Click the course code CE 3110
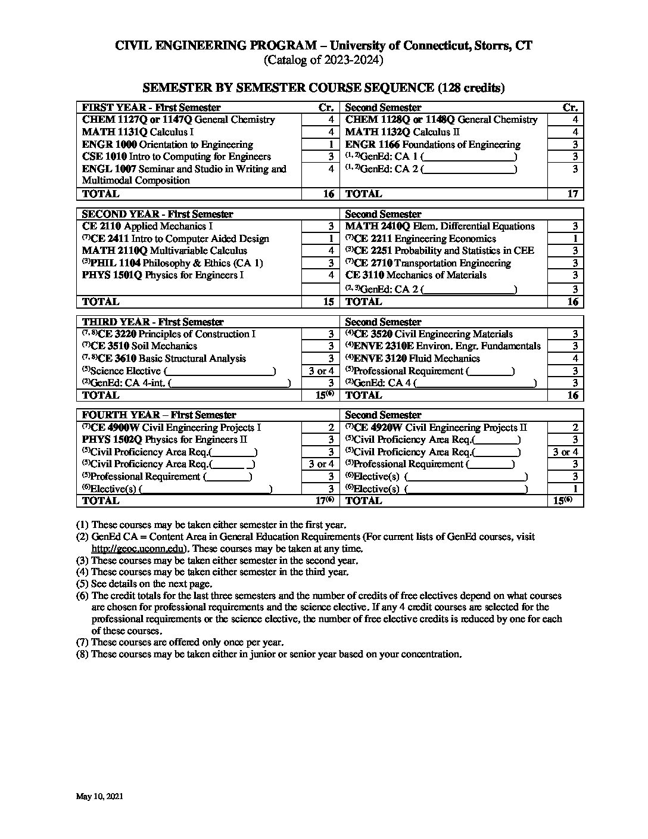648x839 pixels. pyautogui.click(x=364, y=275)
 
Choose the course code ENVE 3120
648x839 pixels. pyautogui.click(x=380, y=358)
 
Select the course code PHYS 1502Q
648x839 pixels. pyautogui.click(x=112, y=440)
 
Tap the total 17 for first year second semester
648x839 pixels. pyautogui.click(x=572, y=194)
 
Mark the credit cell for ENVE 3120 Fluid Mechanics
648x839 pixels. pyautogui.click(x=575, y=358)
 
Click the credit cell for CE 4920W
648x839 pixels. pyautogui.click(x=575, y=427)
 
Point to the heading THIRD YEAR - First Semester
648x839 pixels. pyautogui.click(x=152, y=322)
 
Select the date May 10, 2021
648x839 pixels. pyautogui.click(x=99, y=796)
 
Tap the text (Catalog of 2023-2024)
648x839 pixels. pyautogui.click(x=323, y=60)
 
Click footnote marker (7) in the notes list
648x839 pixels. pyautogui.click(x=82, y=642)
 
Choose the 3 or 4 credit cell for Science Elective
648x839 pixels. pyautogui.click(x=322, y=371)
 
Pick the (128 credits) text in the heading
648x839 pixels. pyautogui.click(x=471, y=88)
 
